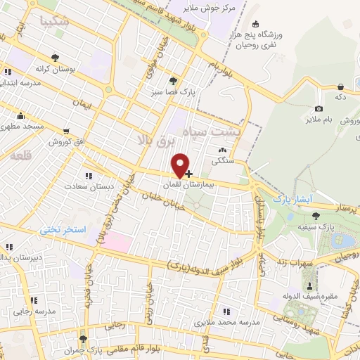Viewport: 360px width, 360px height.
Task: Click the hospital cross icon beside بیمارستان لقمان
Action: point(188,173)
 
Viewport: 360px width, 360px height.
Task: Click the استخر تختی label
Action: point(63,230)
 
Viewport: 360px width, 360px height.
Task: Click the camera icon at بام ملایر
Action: point(319,108)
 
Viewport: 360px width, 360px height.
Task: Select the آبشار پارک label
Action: point(292,199)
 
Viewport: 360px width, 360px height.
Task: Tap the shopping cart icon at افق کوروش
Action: point(65,131)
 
